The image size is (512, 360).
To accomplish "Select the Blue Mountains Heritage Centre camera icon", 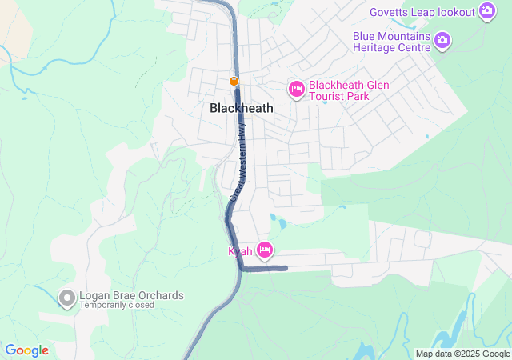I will [442, 39].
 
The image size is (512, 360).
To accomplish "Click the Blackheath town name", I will [241, 108].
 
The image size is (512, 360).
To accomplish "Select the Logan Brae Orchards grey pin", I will [67, 298].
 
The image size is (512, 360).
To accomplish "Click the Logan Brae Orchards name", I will [131, 295].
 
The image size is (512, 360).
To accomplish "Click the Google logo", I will [26, 350].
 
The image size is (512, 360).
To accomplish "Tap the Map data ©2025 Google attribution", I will [462, 354].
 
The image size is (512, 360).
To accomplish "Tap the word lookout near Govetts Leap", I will [453, 12].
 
